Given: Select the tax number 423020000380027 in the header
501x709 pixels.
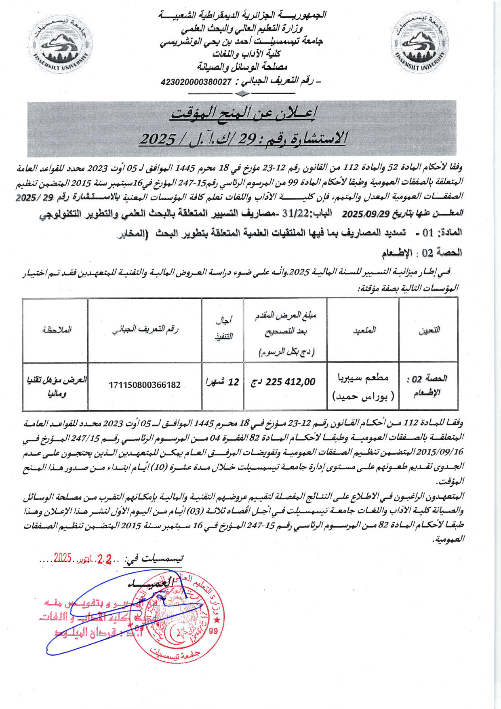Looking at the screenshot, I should click(196, 82).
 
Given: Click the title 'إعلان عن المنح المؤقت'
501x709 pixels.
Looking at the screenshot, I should click(244, 114).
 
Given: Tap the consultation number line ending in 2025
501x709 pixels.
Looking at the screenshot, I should click(243, 139).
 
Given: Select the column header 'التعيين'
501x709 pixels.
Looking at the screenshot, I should click(429, 330).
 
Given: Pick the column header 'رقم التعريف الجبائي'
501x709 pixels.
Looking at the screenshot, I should click(145, 329).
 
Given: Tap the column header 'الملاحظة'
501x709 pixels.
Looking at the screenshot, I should click(56, 329).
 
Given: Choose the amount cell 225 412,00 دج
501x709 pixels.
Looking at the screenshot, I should click(284, 382).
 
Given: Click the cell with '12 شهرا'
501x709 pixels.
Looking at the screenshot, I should click(223, 382).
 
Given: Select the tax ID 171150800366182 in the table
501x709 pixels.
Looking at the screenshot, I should click(145, 385).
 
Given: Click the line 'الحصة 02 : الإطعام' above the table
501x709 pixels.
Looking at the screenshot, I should click(422, 253).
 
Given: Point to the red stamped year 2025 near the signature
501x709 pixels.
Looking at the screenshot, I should click(63, 558).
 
